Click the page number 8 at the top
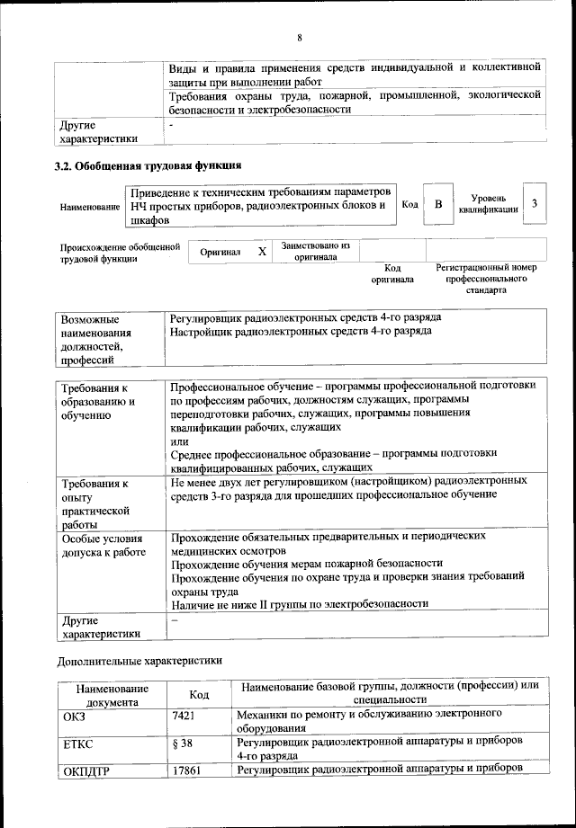300,37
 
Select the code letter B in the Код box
438,204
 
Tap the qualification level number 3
535,204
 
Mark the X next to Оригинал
262,253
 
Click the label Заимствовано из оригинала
315,251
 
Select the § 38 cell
184,744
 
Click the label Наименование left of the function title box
90,208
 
